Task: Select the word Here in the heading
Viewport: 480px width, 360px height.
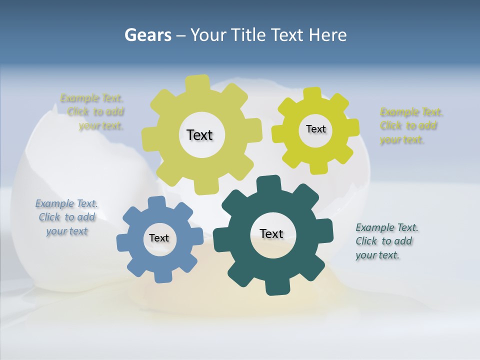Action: (x=327, y=35)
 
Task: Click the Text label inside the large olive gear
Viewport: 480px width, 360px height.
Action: (x=199, y=135)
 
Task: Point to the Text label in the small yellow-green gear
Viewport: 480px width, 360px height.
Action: (x=315, y=129)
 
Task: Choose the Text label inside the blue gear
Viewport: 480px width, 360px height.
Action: (x=158, y=238)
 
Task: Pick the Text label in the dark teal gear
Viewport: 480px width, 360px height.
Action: (x=271, y=233)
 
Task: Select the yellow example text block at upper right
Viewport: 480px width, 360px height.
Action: (x=410, y=126)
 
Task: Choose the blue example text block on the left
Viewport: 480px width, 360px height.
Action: (x=66, y=217)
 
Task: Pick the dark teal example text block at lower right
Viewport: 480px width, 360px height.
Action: (x=386, y=241)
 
